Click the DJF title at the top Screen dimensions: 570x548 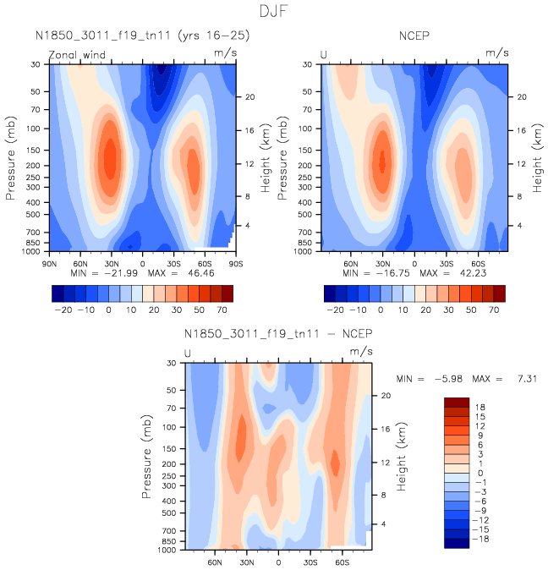click(x=274, y=12)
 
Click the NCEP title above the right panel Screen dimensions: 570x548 click(x=415, y=36)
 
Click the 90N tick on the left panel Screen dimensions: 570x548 click(x=49, y=264)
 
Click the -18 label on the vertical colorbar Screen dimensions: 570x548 click(x=480, y=539)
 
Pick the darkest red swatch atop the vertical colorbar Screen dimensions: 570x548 click(x=456, y=402)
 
